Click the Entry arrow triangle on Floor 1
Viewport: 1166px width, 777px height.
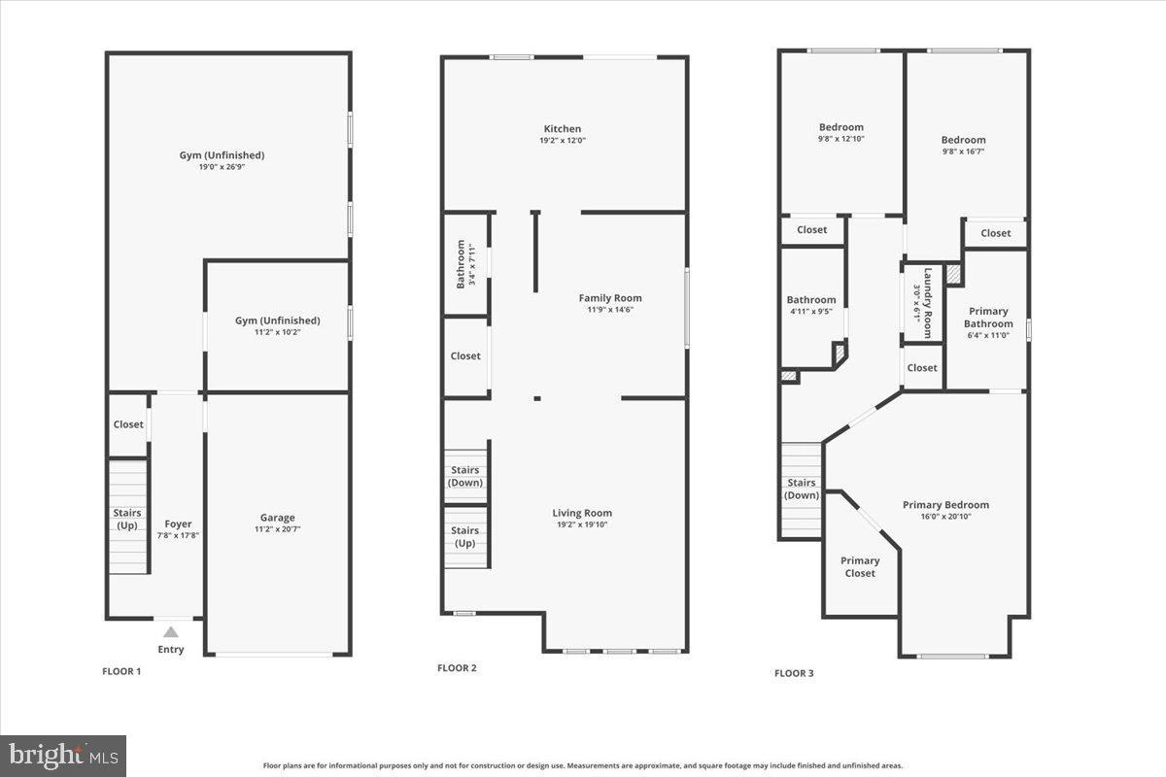171,632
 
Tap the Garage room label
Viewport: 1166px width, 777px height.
277,518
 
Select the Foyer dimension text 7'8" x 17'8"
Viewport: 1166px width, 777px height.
178,535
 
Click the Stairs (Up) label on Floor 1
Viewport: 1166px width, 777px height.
127,519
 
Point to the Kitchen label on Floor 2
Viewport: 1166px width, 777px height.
562,128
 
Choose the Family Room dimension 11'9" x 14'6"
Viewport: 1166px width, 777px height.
610,310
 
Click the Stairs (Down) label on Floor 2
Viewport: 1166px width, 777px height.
465,476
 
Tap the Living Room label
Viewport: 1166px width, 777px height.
582,513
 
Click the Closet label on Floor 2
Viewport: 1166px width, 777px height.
465,356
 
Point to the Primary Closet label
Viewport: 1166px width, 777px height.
860,566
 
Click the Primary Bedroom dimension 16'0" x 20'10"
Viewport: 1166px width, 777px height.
945,517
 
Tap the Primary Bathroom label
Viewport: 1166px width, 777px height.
988,318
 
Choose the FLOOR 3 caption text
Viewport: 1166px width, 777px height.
794,673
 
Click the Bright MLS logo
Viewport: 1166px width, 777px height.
63,755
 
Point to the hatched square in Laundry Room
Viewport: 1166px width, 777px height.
954,276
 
